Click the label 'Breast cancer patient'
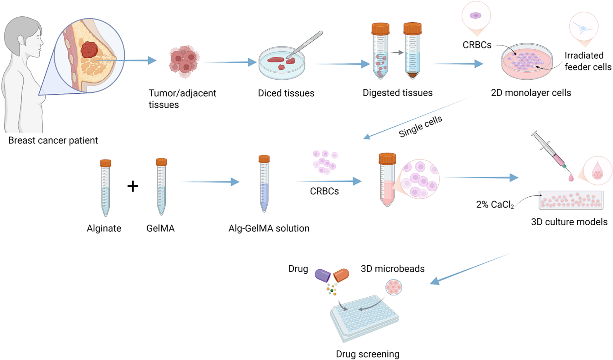coord(53,140)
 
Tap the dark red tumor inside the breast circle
coord(89,50)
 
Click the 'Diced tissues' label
coord(286,93)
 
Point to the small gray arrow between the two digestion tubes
coord(397,53)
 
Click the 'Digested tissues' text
coord(398,93)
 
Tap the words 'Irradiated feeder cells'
coord(588,61)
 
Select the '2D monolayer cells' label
coord(531,93)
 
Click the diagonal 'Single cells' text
coord(420,126)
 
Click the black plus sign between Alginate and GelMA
coord(133,186)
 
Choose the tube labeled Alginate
coord(105,188)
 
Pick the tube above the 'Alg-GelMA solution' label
coord(264,184)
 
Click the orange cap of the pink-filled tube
coord(387,158)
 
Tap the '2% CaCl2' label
coord(495,205)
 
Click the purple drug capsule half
coord(323,275)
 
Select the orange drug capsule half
coord(341,275)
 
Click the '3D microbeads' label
coord(393,269)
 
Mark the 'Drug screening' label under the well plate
coord(368,354)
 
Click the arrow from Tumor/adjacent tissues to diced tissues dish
coord(230,62)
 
